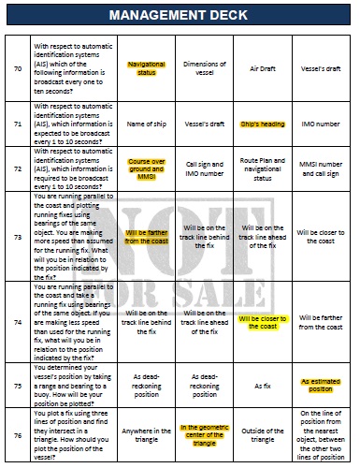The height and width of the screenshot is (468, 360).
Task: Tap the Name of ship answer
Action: (146, 123)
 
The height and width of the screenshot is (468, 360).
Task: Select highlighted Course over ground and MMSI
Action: (146, 168)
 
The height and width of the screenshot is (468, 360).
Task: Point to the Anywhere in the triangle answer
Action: (146, 435)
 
